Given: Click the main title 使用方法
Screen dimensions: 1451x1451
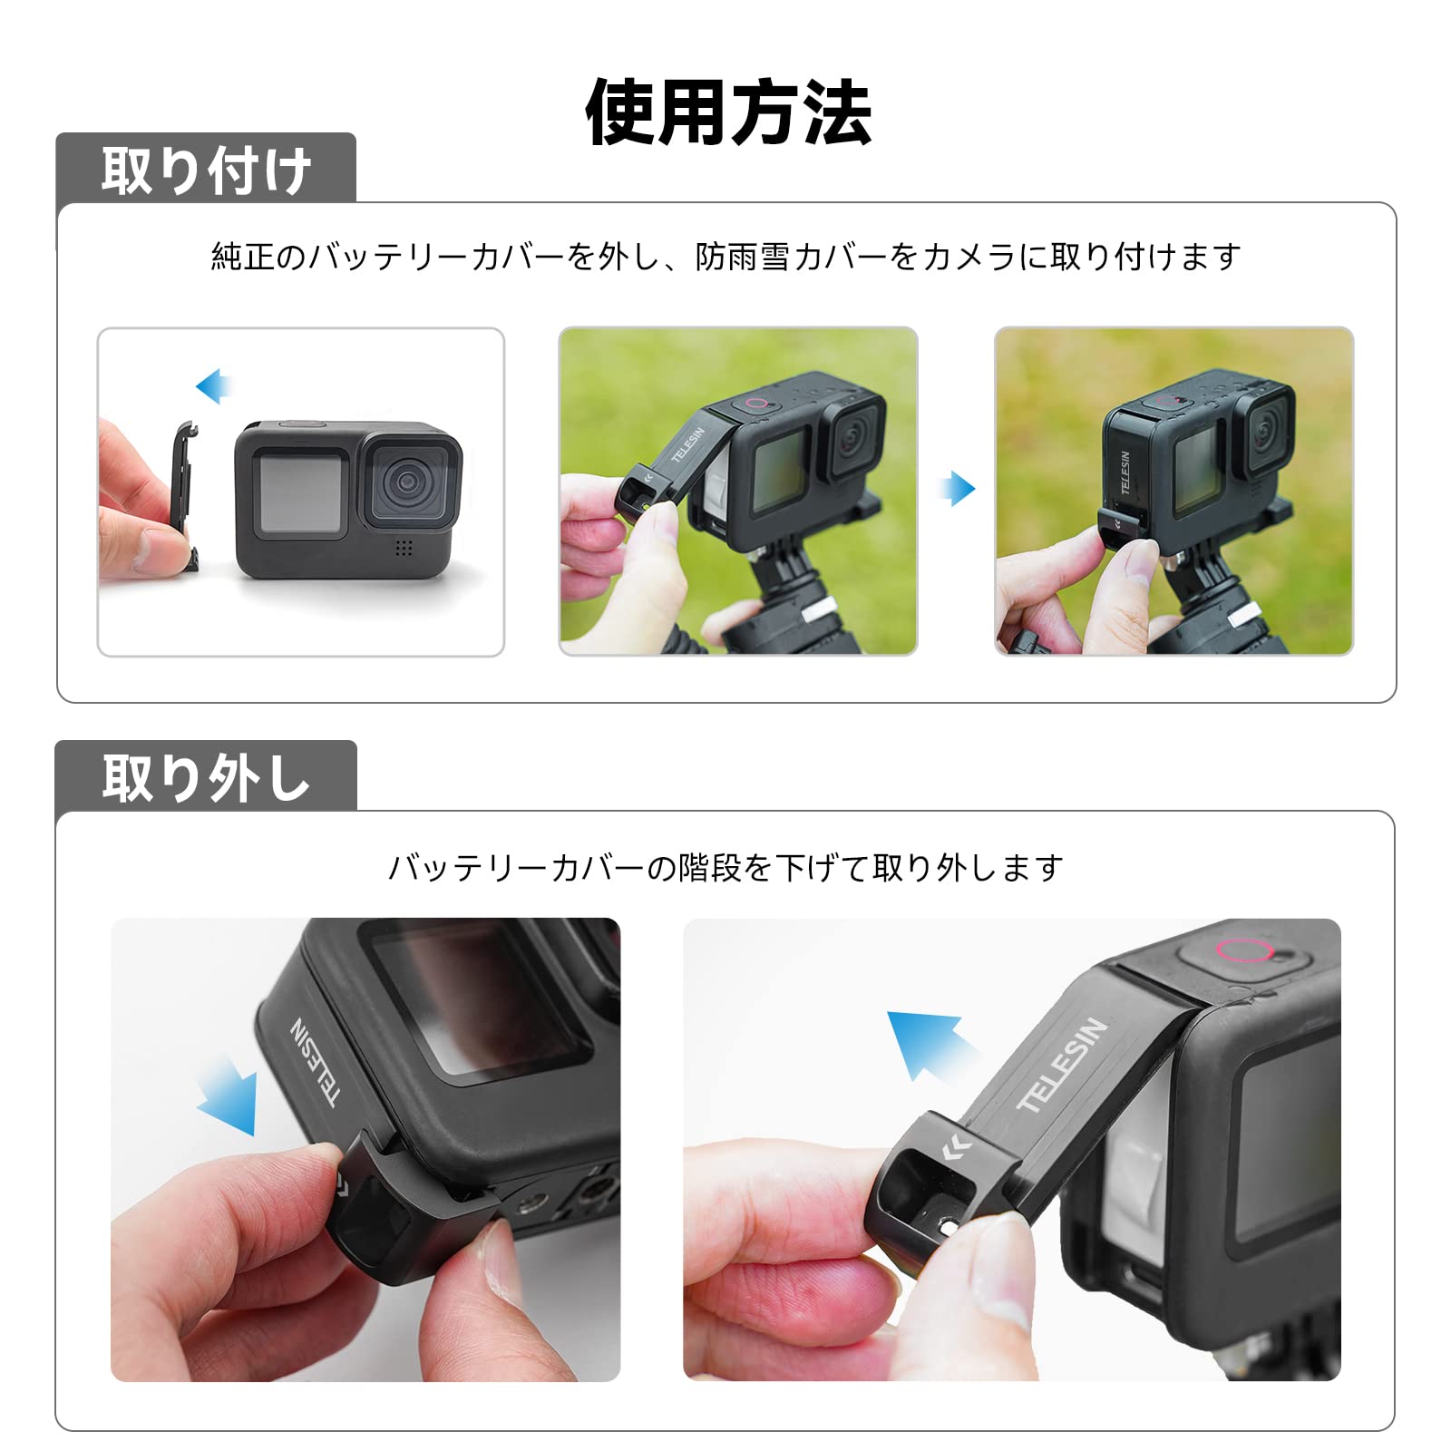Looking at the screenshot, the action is point(728,112).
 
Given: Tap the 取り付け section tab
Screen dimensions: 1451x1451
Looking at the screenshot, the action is point(206,169).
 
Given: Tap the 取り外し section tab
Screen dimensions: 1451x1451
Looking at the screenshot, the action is point(206,777).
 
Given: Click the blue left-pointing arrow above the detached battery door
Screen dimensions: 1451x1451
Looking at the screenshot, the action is point(214,386).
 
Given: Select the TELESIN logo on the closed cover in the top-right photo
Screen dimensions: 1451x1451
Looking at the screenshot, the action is point(1125,472).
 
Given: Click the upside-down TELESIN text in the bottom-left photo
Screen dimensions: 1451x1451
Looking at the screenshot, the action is point(315,1062).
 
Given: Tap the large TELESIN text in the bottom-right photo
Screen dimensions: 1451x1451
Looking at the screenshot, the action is point(1062,1065).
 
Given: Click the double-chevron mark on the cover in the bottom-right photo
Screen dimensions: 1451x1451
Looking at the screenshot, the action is point(956,1148).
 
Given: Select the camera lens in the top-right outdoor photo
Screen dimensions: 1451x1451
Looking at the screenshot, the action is point(1265,434).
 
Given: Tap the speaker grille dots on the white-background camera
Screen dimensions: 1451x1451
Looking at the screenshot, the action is point(404,547).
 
